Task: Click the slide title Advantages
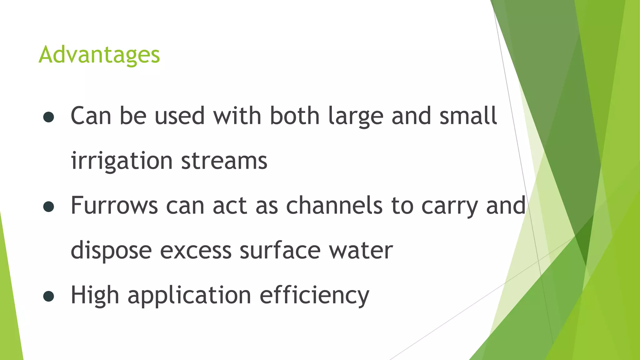99,55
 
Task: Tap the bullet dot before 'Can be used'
49,117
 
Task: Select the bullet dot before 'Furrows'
49,207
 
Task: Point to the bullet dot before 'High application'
49,296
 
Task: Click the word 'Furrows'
114,206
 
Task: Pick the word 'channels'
334,206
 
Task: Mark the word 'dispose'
111,251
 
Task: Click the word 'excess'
196,251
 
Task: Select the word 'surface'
280,251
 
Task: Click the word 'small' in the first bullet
468,116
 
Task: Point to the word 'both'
295,116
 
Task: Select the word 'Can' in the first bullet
91,116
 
